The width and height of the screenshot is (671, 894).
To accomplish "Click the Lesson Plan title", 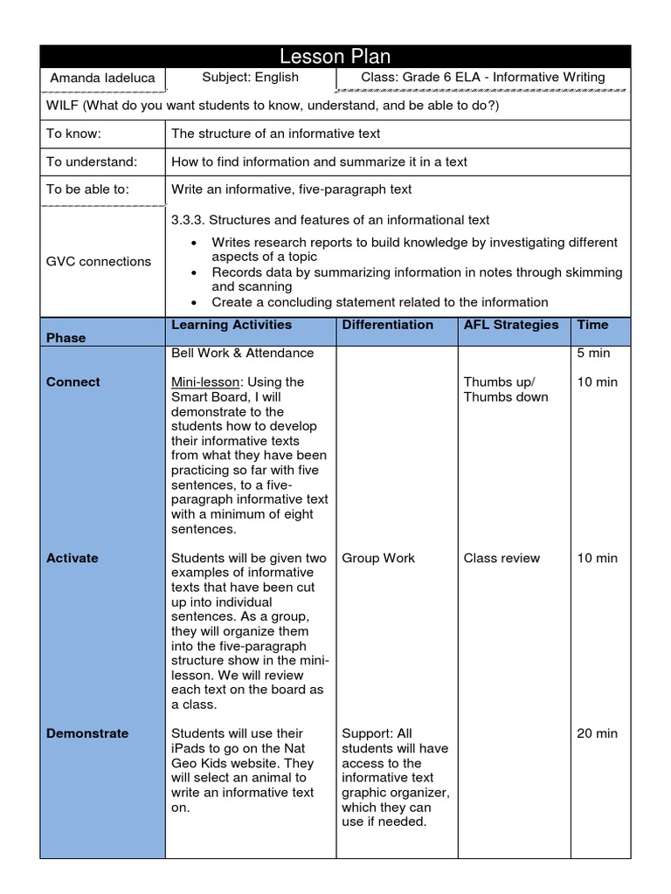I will pyautogui.click(x=335, y=57).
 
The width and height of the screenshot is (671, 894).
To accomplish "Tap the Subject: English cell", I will pyautogui.click(x=250, y=77).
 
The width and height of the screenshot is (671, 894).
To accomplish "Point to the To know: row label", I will pyautogui.click(x=74, y=134).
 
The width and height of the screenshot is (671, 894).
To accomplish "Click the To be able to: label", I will pyautogui.click(x=87, y=189).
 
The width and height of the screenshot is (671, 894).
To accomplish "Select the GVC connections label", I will pyautogui.click(x=98, y=261).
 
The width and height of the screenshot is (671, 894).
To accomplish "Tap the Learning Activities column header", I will pyautogui.click(x=232, y=325).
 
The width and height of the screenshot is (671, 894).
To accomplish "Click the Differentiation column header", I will pyautogui.click(x=387, y=325).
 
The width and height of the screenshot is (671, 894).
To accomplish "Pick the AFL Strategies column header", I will pyautogui.click(x=511, y=325).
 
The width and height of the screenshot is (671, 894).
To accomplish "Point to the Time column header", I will pyautogui.click(x=592, y=325).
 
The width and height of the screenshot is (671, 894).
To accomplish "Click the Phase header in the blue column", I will pyautogui.click(x=66, y=338).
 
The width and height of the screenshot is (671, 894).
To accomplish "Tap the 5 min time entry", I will pyautogui.click(x=593, y=354).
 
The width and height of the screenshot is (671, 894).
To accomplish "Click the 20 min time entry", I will pyautogui.click(x=597, y=733).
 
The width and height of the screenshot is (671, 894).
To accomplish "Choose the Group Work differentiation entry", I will pyautogui.click(x=378, y=558).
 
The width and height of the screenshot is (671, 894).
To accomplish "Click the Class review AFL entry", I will pyautogui.click(x=502, y=558).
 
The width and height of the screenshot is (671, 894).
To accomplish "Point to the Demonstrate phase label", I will pyautogui.click(x=87, y=733).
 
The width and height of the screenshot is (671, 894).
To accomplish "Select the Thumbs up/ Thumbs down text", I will pyautogui.click(x=506, y=389).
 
